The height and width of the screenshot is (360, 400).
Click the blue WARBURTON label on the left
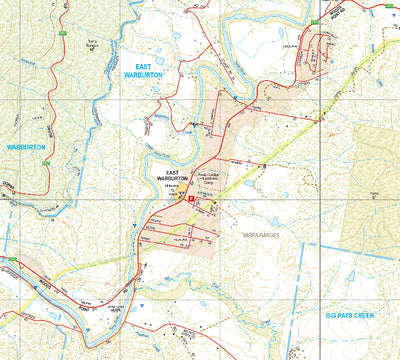point(27,146)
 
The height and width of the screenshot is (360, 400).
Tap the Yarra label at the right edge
point(376,192)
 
